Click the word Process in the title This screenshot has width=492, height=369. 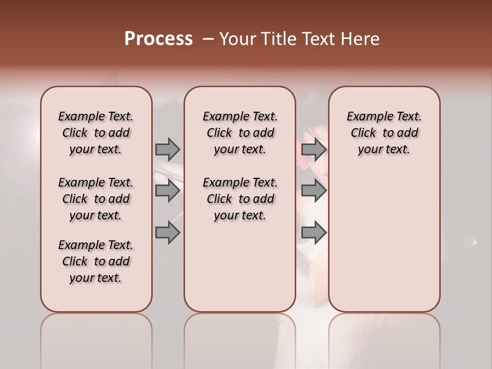pyautogui.click(x=158, y=39)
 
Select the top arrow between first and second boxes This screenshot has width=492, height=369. pyautogui.click(x=168, y=149)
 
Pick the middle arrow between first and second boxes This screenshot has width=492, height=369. pyautogui.click(x=168, y=191)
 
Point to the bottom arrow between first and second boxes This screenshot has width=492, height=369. pyautogui.click(x=168, y=233)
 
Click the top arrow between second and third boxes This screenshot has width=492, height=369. pyautogui.click(x=314, y=149)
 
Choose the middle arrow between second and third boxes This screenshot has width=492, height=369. pyautogui.click(x=314, y=191)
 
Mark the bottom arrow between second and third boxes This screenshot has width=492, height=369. pyautogui.click(x=314, y=233)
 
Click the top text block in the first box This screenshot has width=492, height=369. pyautogui.click(x=96, y=133)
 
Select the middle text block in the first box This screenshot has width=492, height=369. pyautogui.click(x=96, y=199)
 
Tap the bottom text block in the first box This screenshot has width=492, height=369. pyautogui.click(x=96, y=261)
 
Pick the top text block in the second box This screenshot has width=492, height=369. pyautogui.click(x=240, y=133)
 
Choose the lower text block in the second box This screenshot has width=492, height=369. pyautogui.click(x=240, y=199)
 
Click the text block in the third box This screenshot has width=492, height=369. pyautogui.click(x=384, y=133)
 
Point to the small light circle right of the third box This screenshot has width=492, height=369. pyautogui.click(x=469, y=240)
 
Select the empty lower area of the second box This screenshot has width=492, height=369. pyautogui.click(x=240, y=266)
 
